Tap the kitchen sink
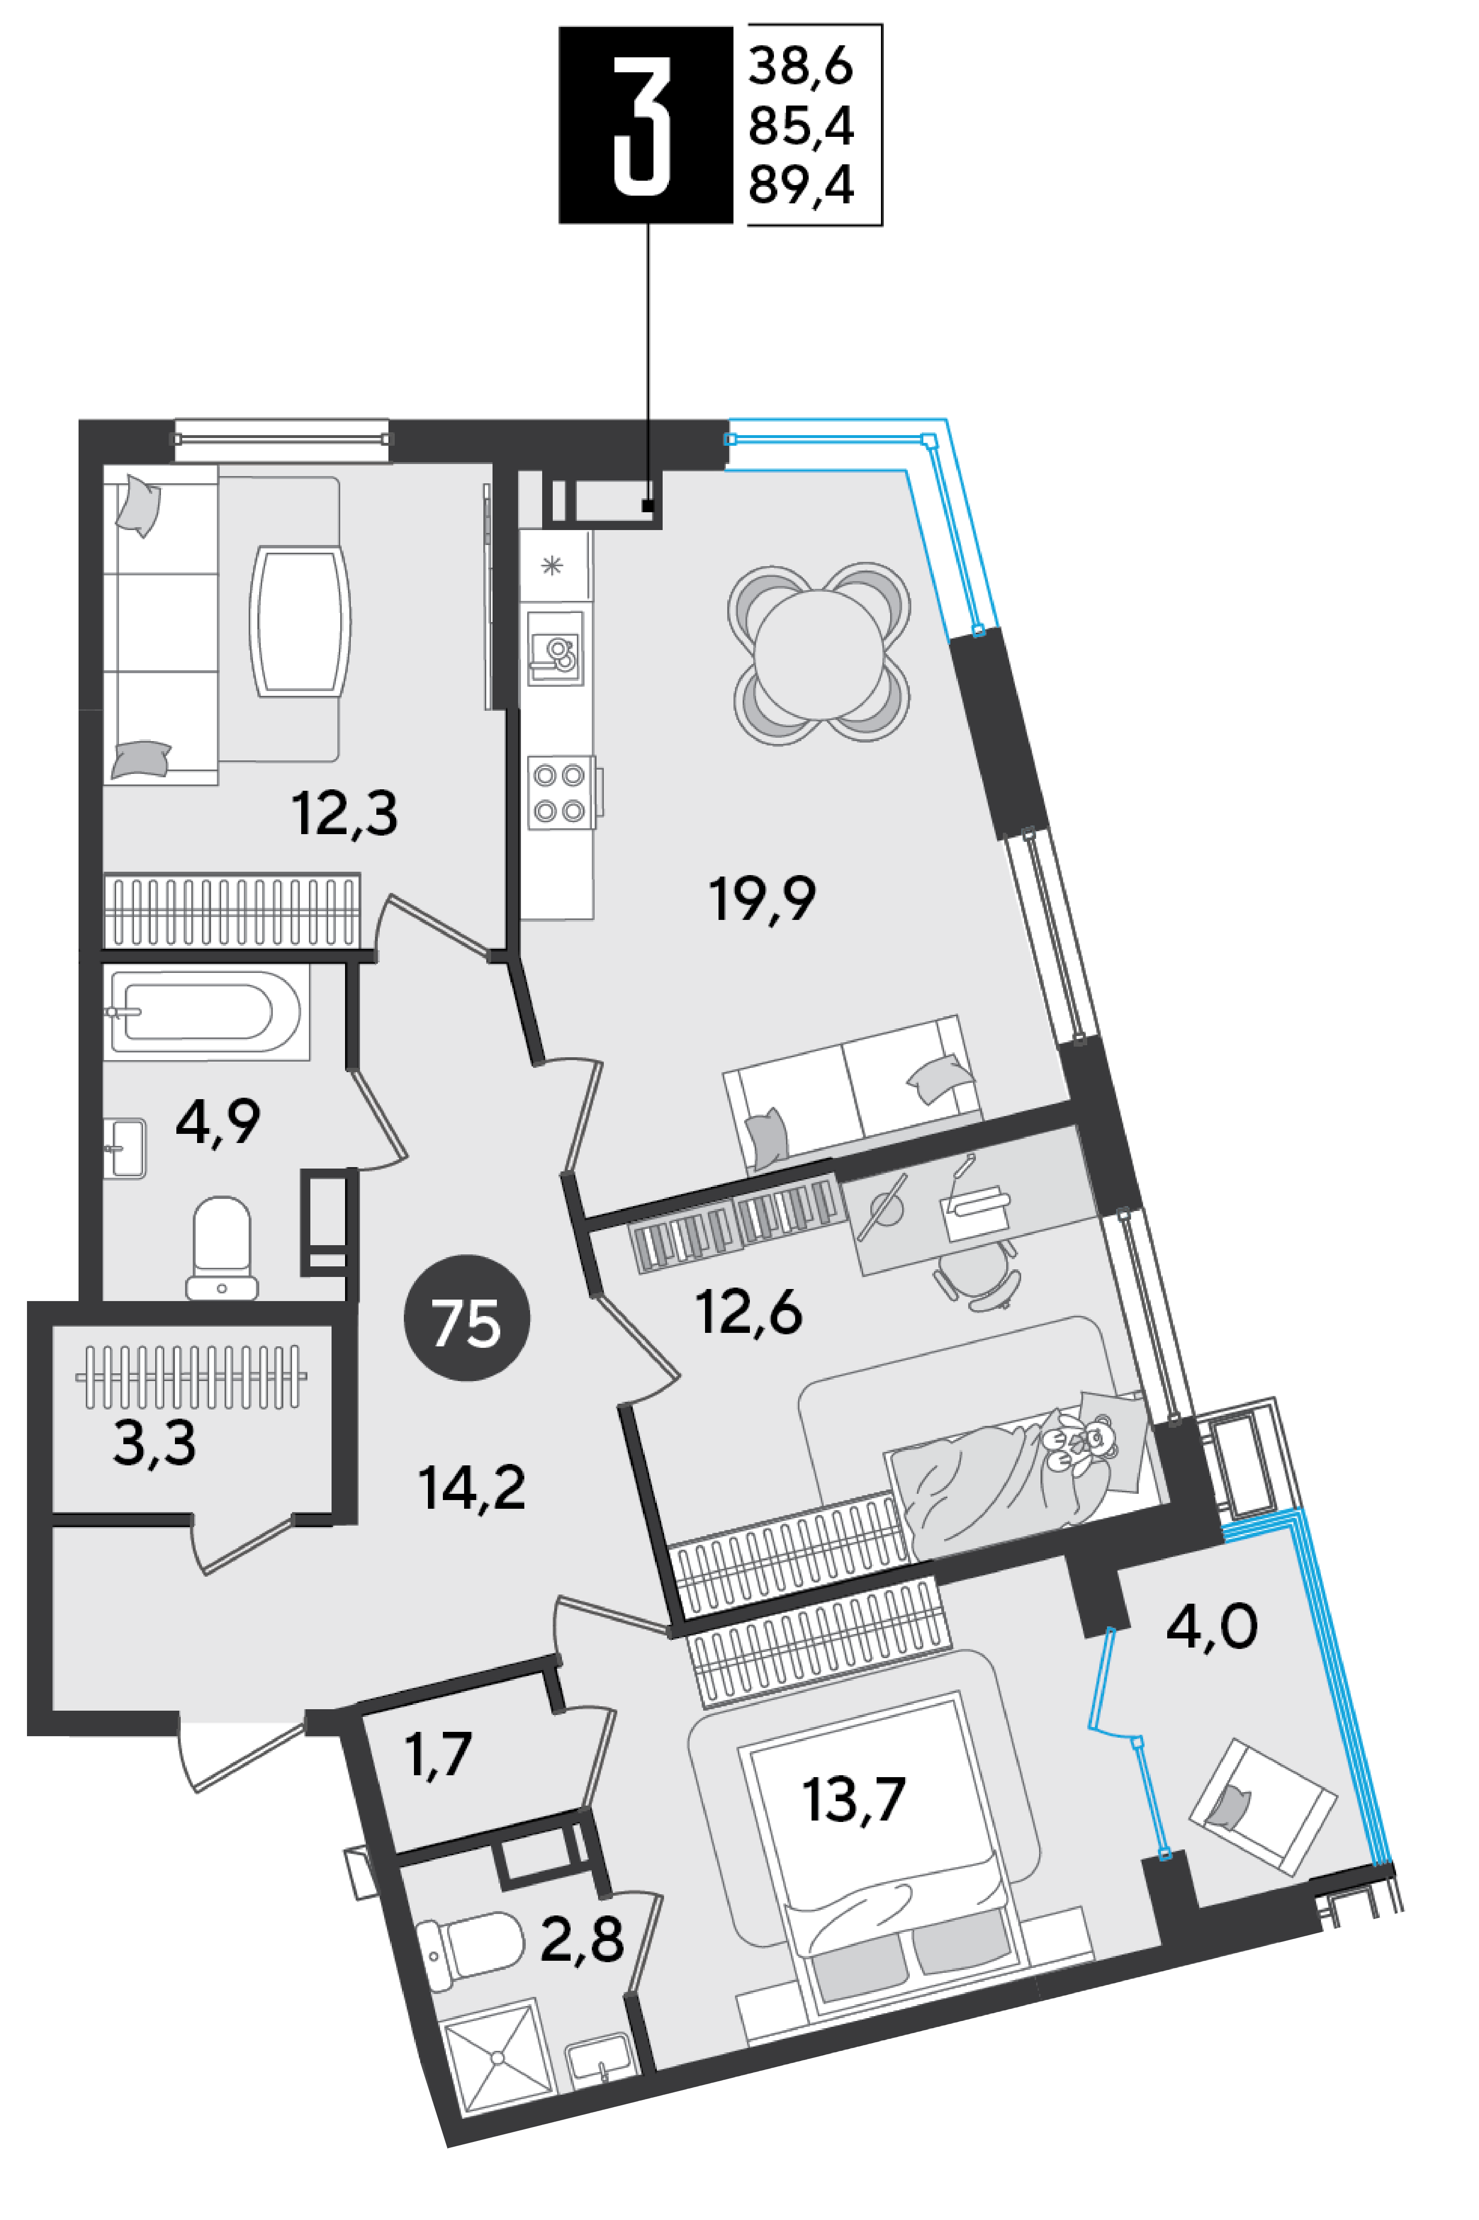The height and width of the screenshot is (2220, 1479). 556,649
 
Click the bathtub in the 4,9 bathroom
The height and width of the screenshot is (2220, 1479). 206,1012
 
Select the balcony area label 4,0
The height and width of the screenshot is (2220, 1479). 1211,1627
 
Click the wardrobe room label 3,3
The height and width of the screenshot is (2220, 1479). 155,1443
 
